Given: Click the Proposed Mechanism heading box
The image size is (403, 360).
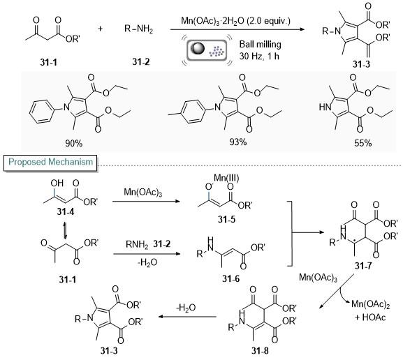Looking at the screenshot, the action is click(x=50, y=163).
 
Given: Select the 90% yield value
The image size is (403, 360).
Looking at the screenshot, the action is click(x=74, y=143).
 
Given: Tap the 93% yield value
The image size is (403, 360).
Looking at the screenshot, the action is click(x=238, y=142).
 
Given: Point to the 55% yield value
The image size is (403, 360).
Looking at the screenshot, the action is click(x=363, y=143).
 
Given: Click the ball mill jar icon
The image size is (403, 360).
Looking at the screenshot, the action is click(x=207, y=50).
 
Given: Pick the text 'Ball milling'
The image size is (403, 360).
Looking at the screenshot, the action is click(x=261, y=45).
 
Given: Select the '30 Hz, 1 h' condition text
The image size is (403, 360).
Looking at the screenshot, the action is click(x=259, y=56).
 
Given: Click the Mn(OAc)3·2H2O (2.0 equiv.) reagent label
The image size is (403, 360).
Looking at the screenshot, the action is click(x=235, y=20).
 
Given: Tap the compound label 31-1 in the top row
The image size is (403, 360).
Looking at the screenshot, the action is click(x=49, y=62).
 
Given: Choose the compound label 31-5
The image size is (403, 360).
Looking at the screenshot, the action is click(x=226, y=219).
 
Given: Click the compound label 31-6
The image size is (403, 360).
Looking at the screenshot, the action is click(x=231, y=278).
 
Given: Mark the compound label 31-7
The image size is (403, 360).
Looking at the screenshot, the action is click(x=363, y=266).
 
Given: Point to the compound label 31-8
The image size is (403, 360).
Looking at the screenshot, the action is click(x=260, y=351).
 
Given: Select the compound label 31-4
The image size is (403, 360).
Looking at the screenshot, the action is click(x=66, y=211).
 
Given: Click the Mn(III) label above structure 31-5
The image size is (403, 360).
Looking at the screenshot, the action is click(x=226, y=178).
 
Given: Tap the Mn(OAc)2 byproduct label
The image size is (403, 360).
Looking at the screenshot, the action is click(x=371, y=304).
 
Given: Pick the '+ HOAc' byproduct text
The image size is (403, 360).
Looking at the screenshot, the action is click(x=370, y=317).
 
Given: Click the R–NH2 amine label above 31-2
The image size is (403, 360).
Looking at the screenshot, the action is click(x=139, y=29).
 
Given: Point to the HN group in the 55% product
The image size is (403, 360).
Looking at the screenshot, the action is click(x=325, y=107).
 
